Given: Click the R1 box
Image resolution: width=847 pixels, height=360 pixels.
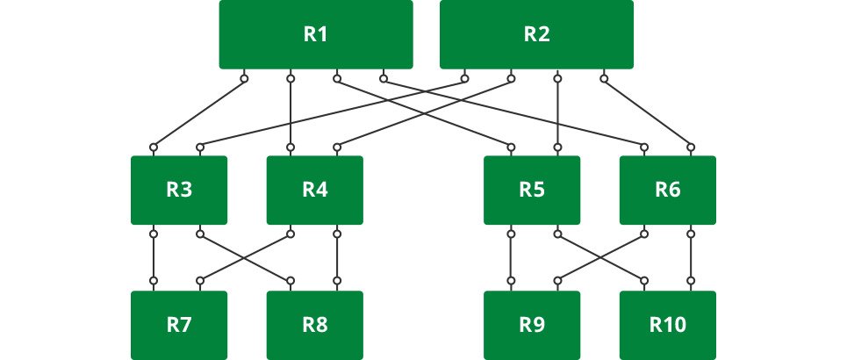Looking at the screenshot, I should point(316,34).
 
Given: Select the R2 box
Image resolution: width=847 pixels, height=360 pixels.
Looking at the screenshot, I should point(536,34).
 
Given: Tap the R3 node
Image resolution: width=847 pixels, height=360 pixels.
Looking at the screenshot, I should point(179,190).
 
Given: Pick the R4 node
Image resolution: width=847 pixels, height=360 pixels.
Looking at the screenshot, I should point(314,190).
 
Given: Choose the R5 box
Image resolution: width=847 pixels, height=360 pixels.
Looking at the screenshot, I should point(532,190).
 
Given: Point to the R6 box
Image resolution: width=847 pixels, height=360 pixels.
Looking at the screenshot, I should point(668,190).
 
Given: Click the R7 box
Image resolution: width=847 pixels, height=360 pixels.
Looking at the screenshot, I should point(179,325).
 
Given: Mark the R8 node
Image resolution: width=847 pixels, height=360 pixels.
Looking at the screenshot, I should point(314,325).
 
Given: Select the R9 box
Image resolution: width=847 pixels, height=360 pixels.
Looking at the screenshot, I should point(532,325).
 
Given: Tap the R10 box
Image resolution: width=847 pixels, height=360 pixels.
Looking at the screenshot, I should point(668,325).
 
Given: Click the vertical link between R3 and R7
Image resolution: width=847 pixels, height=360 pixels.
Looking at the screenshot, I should point(154,258).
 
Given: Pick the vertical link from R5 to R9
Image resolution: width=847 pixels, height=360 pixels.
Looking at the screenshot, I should point(509,258).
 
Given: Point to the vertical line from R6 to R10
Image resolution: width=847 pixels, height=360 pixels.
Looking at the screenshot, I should point(692,258).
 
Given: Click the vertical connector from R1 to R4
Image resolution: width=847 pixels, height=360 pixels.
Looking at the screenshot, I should point(291,112).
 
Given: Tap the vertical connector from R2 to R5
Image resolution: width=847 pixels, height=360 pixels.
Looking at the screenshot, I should point(556,112).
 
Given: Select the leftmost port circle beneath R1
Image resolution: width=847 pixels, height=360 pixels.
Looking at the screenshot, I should point(244,79).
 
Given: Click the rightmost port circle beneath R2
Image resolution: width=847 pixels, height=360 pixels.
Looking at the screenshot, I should point(604,79).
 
